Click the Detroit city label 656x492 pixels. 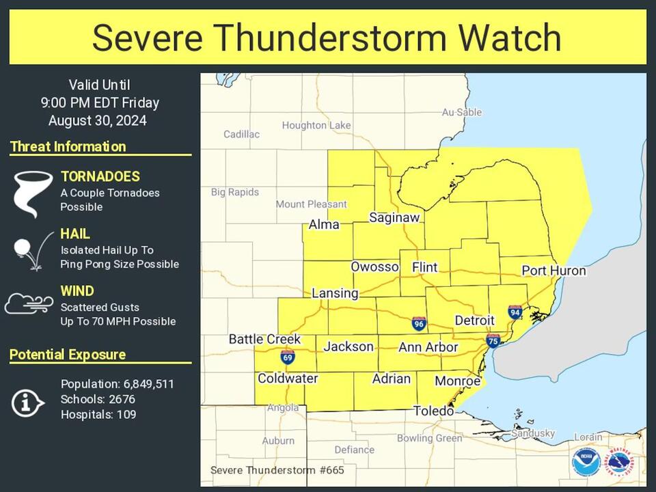(x=474, y=320)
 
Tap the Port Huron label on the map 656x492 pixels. (x=553, y=271)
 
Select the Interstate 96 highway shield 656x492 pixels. (x=419, y=323)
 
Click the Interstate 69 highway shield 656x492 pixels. (x=288, y=357)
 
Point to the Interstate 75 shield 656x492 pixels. (x=493, y=340)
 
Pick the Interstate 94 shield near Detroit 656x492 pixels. (x=515, y=312)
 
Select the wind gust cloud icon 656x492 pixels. (x=29, y=303)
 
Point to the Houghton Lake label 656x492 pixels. (x=316, y=125)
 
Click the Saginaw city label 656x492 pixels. (x=394, y=217)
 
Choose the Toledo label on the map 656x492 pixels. (x=433, y=411)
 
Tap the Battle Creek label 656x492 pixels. (x=264, y=339)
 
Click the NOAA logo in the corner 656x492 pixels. (x=586, y=462)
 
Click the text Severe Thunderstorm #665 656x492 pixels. (x=277, y=470)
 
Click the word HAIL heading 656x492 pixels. (x=75, y=234)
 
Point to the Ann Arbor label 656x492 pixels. (x=428, y=347)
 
